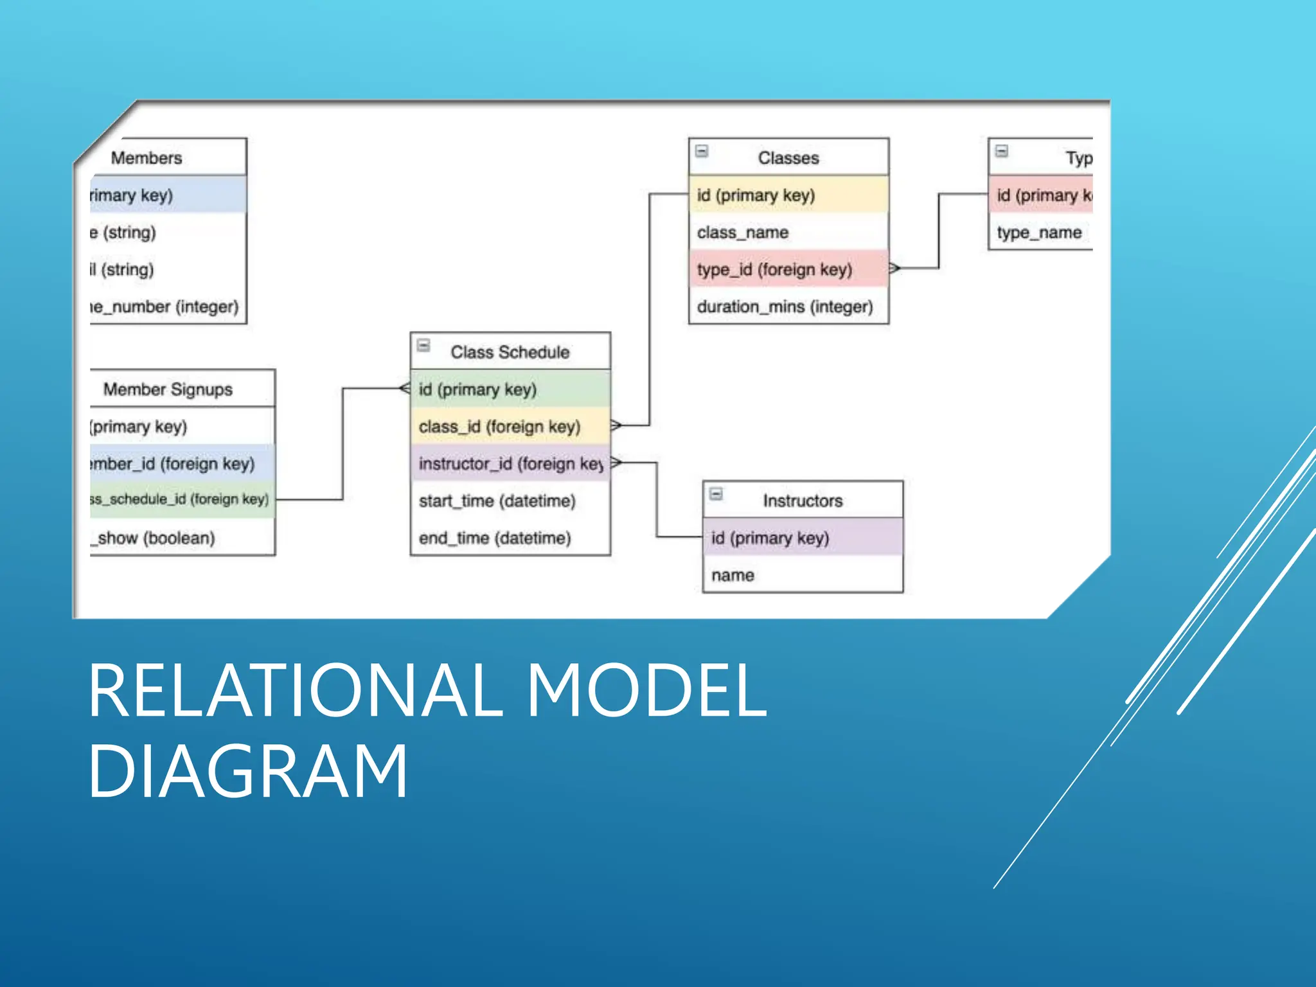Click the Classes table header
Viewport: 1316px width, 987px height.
pos(788,157)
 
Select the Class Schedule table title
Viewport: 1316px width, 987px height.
pos(510,352)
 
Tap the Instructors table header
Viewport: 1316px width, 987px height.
pos(802,501)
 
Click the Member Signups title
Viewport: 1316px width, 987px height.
pos(168,389)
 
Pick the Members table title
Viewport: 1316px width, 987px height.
pos(147,157)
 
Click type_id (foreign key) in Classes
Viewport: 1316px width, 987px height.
pos(775,269)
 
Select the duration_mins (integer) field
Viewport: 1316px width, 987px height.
pos(785,307)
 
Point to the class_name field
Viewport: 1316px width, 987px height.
pos(743,232)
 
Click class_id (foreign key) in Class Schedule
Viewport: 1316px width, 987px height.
pos(499,427)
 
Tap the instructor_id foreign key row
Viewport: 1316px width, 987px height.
pos(510,463)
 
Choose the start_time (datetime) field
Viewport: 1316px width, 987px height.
pos(497,501)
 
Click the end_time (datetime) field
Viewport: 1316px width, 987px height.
pos(495,538)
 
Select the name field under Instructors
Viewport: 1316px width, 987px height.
pos(733,575)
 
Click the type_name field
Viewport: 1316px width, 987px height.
pos(1039,232)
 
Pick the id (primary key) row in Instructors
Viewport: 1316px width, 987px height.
pos(770,538)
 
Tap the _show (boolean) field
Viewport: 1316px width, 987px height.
pos(154,538)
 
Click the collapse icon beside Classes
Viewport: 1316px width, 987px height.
pos(702,151)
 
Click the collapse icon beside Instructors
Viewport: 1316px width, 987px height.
pos(716,494)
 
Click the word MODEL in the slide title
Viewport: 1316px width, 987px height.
pos(646,691)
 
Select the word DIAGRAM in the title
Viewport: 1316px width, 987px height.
pos(248,770)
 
